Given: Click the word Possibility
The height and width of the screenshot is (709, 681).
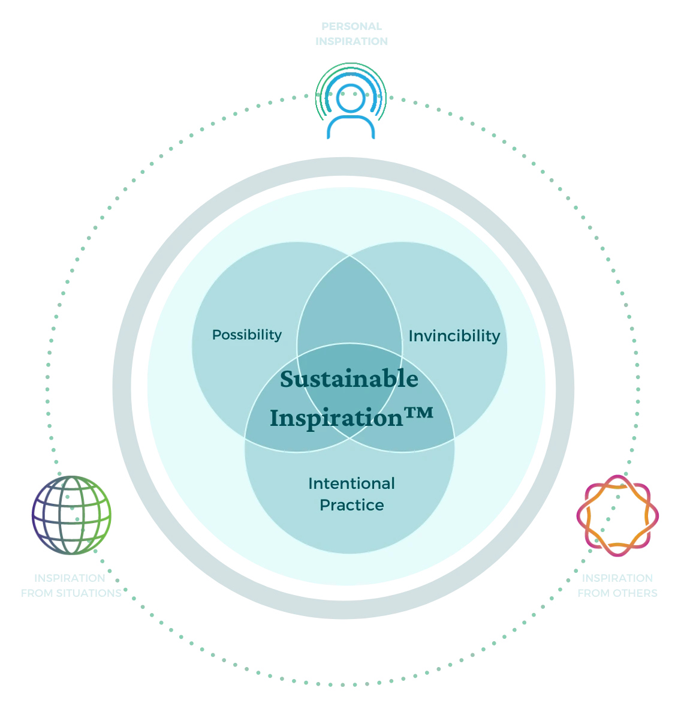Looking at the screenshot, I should coord(246,335).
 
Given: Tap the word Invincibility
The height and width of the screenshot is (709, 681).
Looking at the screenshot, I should coord(454,336).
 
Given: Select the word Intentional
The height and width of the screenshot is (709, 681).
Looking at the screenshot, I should coord(351,483).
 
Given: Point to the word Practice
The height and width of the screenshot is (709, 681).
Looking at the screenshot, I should coord(351,505).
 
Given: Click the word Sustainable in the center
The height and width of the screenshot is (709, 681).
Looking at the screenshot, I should coord(349,379).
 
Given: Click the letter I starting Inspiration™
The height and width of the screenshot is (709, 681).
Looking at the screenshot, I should coord(275,417).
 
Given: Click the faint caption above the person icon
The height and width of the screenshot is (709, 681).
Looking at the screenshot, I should coord(349,34).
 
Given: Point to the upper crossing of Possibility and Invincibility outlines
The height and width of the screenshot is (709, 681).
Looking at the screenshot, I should coord(350,255).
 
